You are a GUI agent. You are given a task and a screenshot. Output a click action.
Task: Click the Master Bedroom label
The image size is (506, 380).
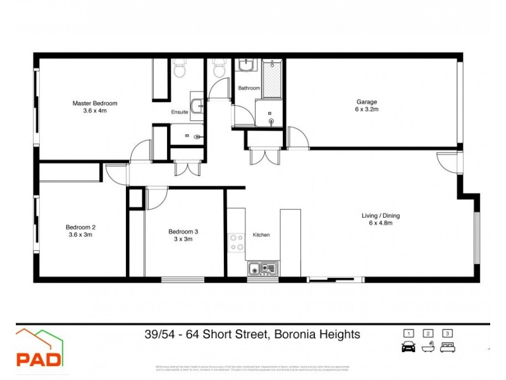[95, 103]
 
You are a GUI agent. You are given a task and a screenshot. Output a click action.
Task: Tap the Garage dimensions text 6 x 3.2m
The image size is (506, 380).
[367, 110]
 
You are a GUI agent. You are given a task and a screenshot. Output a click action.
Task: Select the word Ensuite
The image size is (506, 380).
[180, 112]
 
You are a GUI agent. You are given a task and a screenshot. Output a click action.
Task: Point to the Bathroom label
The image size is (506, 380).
[249, 88]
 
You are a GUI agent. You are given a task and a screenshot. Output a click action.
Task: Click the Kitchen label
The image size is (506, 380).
[261, 235]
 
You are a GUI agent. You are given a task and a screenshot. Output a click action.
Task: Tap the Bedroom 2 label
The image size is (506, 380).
[80, 227]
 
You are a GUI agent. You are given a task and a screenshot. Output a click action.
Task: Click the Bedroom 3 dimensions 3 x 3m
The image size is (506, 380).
[183, 239]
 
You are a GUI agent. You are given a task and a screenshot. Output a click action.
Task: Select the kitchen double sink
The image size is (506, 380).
[261, 269]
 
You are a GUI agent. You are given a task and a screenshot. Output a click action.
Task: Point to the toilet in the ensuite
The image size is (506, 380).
[180, 69]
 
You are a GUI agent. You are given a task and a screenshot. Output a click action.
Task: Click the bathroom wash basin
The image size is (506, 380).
[245, 66]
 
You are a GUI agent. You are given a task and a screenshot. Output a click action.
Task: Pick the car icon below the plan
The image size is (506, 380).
[409, 347]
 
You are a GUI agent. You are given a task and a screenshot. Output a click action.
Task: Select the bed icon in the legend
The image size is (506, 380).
[448, 347]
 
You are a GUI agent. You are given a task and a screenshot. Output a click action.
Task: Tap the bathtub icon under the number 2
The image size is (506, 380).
[428, 347]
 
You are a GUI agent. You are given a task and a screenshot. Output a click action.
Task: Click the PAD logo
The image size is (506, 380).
[39, 350]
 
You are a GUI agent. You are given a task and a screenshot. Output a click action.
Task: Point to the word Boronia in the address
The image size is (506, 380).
[297, 334]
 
